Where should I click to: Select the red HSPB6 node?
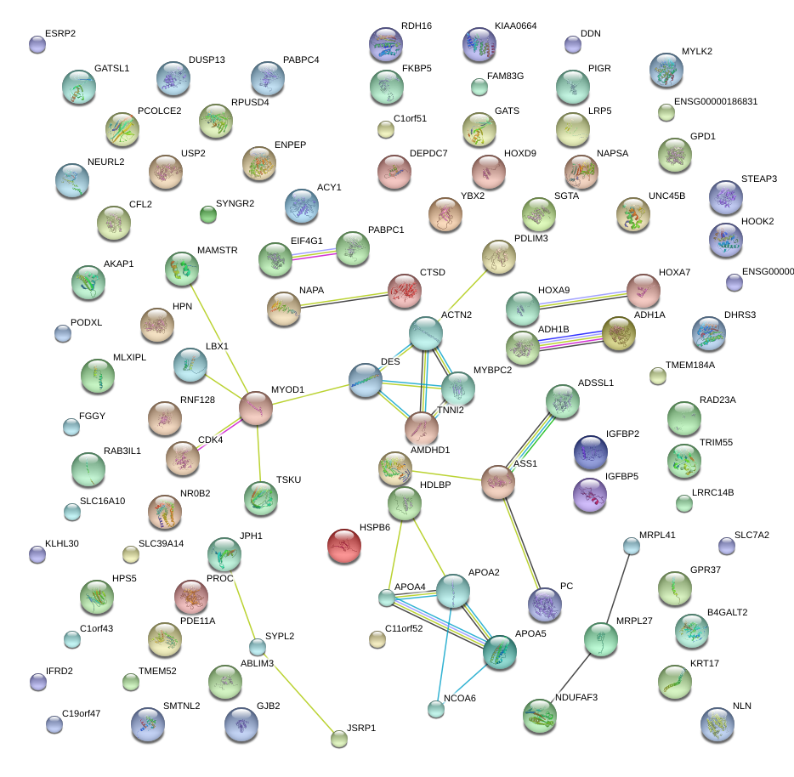(x=344, y=546)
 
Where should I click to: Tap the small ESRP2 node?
(x=37, y=45)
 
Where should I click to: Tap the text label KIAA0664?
(x=515, y=27)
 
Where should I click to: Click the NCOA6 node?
(x=436, y=709)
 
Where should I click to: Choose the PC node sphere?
(x=545, y=604)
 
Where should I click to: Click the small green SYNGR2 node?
(x=207, y=213)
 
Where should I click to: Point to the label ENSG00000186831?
(x=715, y=101)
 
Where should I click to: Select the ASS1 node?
(x=498, y=482)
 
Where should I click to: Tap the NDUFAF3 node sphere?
(x=539, y=716)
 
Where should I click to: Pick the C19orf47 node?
(x=54, y=724)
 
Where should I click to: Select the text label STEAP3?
(x=759, y=179)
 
